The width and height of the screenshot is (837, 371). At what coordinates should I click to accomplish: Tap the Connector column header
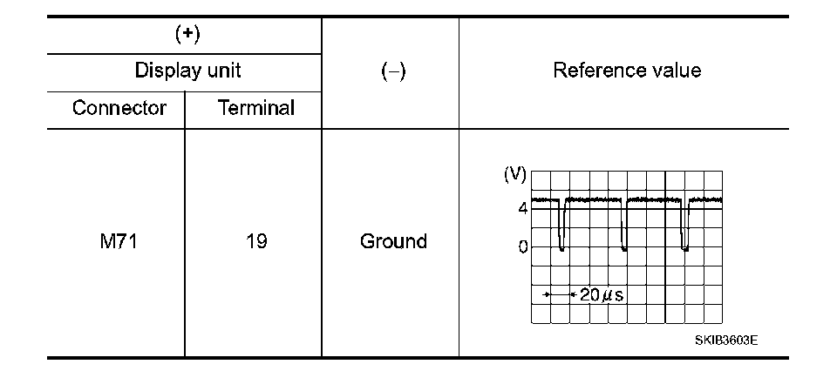coord(119,109)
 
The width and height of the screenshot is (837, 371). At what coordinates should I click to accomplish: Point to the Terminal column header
coord(255,109)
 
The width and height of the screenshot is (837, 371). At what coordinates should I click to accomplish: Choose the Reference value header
coord(627,71)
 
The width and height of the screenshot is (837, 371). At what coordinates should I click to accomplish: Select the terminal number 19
coord(255,241)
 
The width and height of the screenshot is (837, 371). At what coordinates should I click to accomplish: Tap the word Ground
coord(393,241)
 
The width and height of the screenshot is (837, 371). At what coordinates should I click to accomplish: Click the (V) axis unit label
coord(514,173)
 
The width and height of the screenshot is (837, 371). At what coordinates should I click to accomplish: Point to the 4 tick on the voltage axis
coord(522,209)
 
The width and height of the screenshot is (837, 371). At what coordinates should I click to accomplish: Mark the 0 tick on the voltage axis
coord(522,246)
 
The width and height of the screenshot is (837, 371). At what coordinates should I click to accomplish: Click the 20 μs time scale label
coord(602,294)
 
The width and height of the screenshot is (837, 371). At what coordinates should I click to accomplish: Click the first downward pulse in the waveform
coord(561,227)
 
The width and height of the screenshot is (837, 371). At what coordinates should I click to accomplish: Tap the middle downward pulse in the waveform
coord(623,227)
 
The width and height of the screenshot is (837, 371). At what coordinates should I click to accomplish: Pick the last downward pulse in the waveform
coord(684,227)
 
